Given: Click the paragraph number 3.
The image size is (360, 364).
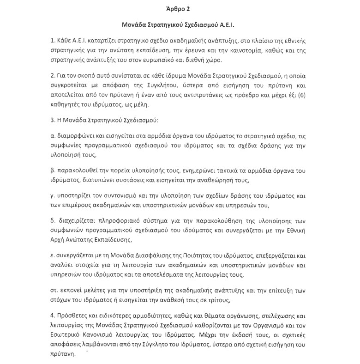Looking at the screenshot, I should (53, 120).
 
